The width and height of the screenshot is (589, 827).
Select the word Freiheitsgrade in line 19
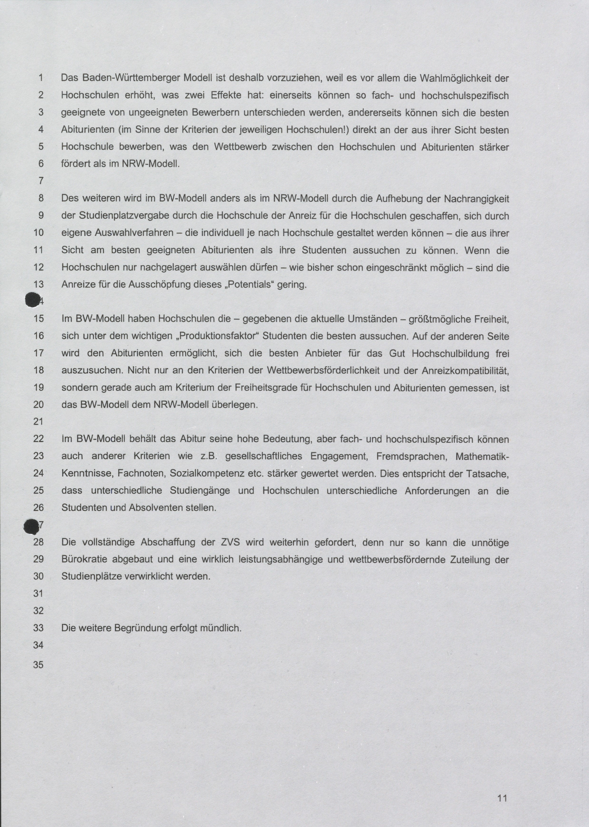coord(265,387)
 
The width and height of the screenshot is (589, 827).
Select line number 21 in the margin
coord(39,421)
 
